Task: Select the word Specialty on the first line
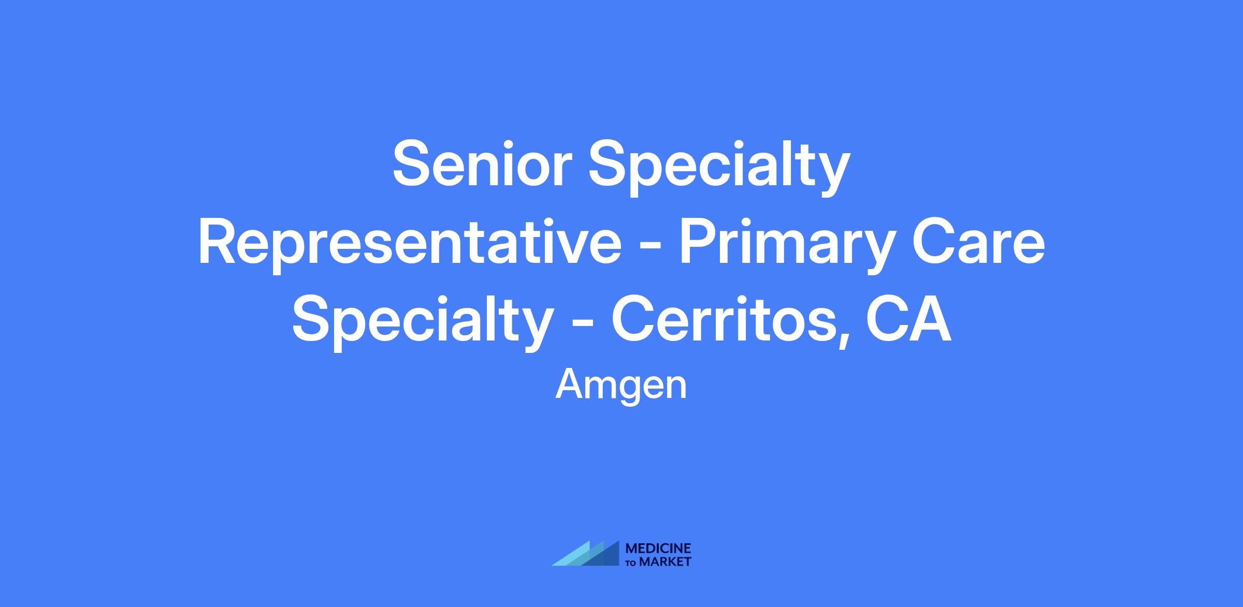(x=719, y=168)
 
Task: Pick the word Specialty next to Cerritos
(x=422, y=323)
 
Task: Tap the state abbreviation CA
(x=908, y=319)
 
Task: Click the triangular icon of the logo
(x=585, y=553)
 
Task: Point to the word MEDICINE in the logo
(x=658, y=549)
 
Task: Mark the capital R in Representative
(x=218, y=242)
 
